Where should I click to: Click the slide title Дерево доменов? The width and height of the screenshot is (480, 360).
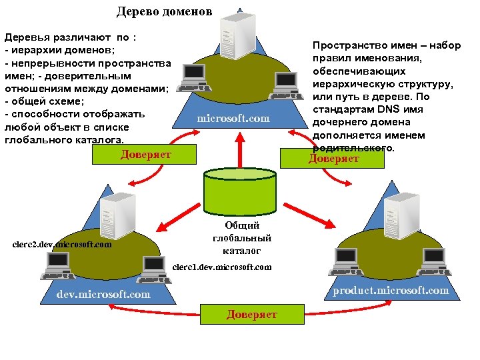[x=165, y=11]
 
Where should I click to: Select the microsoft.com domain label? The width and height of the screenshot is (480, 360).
[x=233, y=118]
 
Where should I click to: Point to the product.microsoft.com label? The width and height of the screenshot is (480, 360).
[x=391, y=290]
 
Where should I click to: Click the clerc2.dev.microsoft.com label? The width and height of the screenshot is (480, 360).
[x=63, y=245]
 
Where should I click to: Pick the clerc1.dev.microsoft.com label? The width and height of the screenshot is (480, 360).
[x=222, y=267]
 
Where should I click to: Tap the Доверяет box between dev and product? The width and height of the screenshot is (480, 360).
[x=251, y=315]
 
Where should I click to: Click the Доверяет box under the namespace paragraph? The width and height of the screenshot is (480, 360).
[x=333, y=159]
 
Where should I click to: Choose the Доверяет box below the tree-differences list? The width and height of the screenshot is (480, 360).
[x=146, y=155]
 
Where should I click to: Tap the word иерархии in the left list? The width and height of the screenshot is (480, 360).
[x=34, y=50]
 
